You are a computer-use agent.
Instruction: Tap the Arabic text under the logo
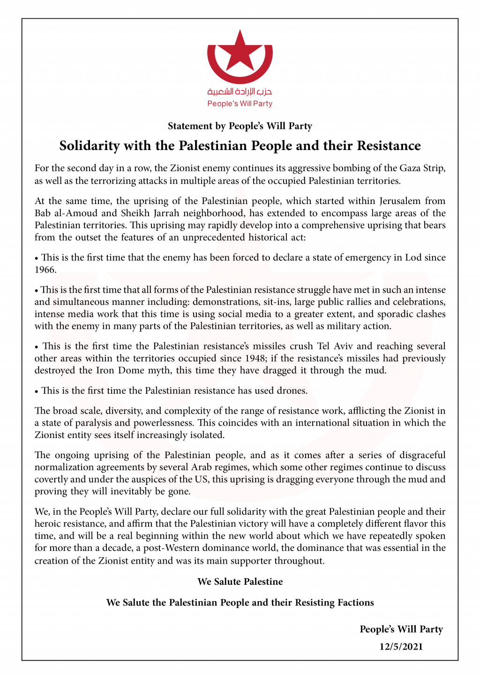pyautogui.click(x=240, y=92)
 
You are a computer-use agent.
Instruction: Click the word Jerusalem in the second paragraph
pyautogui.click(x=398, y=201)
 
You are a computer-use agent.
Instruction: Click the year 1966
pyautogui.click(x=45, y=270)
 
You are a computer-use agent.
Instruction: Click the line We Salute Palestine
pyautogui.click(x=240, y=582)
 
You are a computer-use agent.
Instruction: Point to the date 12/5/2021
pyautogui.click(x=401, y=647)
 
